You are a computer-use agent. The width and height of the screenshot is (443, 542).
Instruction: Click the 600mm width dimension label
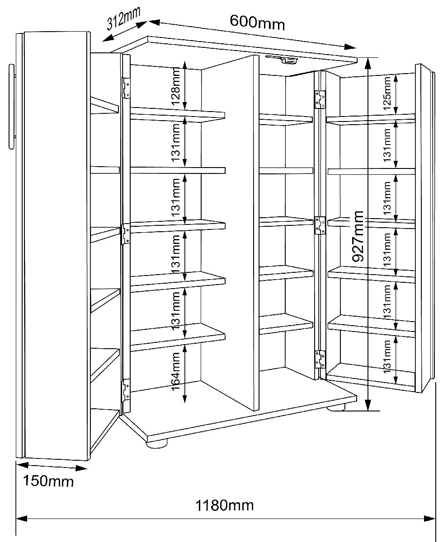(x=257, y=23)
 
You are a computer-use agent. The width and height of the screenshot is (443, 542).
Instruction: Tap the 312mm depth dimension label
(x=124, y=18)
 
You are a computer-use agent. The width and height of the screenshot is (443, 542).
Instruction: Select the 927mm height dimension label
(x=358, y=236)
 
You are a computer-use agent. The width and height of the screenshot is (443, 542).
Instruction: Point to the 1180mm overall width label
(x=225, y=505)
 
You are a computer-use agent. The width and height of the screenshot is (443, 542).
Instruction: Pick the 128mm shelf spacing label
(x=176, y=86)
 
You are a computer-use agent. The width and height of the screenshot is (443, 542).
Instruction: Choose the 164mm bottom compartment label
(x=176, y=371)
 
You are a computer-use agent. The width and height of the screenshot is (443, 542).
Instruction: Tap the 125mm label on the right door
(x=387, y=93)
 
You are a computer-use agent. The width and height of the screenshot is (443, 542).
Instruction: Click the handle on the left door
(x=12, y=107)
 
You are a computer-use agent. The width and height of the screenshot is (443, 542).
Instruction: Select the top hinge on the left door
(x=126, y=88)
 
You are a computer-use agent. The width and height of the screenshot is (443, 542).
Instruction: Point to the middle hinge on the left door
(x=126, y=234)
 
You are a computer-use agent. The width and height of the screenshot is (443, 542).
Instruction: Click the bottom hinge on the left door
(x=126, y=390)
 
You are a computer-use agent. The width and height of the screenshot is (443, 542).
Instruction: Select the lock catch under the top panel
(x=282, y=60)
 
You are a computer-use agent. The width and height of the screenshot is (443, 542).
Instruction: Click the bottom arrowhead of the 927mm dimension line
(x=368, y=405)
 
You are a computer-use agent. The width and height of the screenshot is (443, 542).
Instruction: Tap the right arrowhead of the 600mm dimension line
(x=351, y=47)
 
